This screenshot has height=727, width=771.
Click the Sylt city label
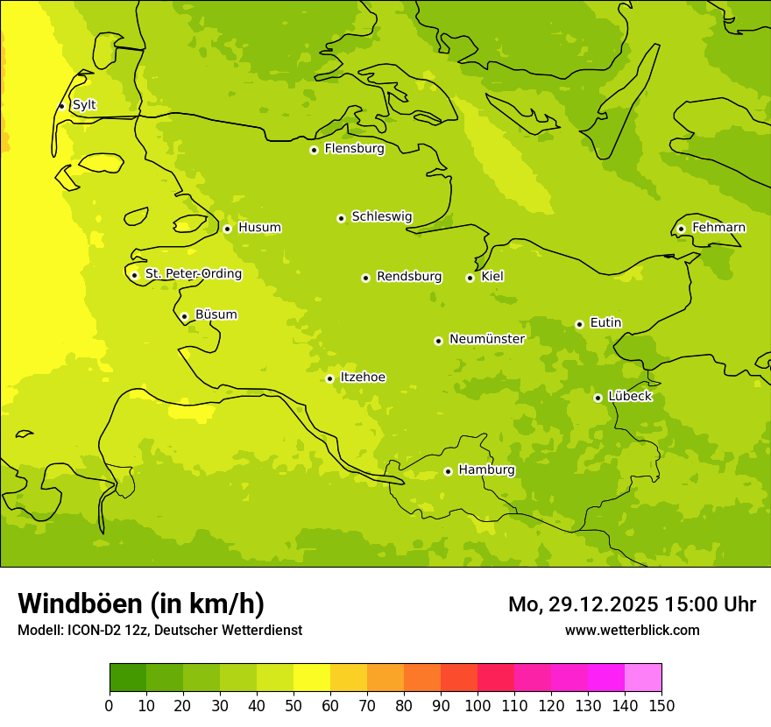84,105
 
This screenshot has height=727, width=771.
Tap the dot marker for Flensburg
314,150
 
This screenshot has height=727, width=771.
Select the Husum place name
259,228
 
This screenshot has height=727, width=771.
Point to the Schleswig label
381,216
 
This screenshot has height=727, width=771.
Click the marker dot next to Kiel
470,278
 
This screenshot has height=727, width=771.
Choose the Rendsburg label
408,277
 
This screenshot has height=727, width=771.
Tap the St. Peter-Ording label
193,274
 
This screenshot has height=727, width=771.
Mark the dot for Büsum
184,316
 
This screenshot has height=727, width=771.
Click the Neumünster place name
486,339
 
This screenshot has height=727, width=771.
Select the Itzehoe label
363,378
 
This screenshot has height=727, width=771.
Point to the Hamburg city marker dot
448,471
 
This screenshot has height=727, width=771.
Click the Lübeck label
629,397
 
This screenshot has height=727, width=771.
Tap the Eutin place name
605,323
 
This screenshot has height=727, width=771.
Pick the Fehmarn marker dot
681,229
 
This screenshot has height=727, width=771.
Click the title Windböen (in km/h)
140,603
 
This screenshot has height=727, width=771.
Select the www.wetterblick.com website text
632,630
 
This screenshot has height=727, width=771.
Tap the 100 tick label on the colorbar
477,705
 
